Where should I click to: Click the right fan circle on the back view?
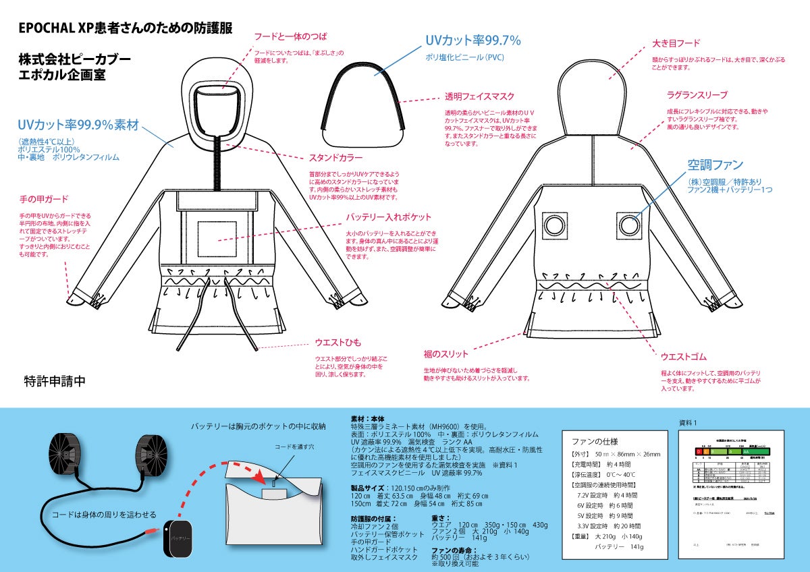[629, 225]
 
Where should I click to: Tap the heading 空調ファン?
[715, 165]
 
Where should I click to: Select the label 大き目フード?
[675, 43]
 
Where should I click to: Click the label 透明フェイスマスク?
[479, 96]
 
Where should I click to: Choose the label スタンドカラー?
[335, 159]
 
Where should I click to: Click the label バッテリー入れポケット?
[388, 217]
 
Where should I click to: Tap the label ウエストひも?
[338, 342]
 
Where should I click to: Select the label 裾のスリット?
[446, 353]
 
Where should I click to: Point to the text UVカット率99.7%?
[473, 40]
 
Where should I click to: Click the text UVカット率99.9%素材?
[78, 125]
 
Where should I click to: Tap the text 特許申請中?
[55, 381]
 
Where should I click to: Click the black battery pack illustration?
[178, 538]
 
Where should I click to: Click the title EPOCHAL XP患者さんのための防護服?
[125, 30]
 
